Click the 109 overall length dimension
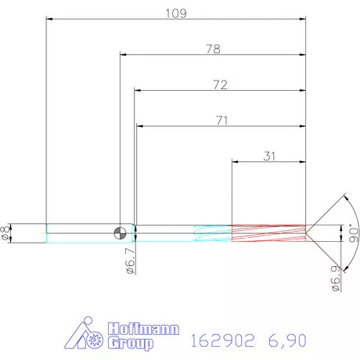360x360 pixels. point(175,13)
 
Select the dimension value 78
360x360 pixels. point(212,49)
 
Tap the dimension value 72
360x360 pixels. point(219,85)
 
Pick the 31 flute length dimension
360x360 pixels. point(269,156)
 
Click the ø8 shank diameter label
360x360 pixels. point(7,232)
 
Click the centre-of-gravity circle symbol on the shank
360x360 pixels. point(120,232)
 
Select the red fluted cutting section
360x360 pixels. point(267,232)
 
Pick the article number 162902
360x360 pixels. point(222,340)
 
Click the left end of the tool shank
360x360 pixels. point(46,232)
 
